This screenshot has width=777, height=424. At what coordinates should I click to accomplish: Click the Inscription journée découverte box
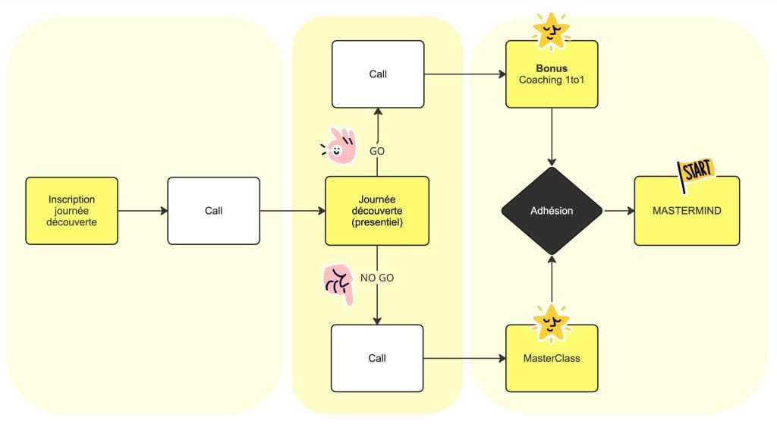(x=71, y=211)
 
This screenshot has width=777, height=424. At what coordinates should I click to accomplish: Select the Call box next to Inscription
(x=213, y=211)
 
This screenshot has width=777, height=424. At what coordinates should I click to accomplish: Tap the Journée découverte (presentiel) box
(x=377, y=211)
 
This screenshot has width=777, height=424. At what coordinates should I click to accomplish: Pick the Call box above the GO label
(x=377, y=74)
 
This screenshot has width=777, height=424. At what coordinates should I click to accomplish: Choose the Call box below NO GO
(x=377, y=358)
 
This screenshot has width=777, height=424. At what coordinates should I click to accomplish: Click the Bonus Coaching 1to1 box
(x=552, y=74)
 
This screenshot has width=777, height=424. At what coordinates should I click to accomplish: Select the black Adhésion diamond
(x=552, y=211)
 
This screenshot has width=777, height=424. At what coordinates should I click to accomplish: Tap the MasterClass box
(x=552, y=358)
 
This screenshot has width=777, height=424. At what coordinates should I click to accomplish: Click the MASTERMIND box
(x=687, y=211)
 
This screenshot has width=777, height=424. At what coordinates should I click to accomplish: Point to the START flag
(x=696, y=173)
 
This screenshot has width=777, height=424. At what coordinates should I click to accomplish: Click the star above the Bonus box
(x=552, y=29)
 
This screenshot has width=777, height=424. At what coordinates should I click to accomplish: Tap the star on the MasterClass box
(x=552, y=322)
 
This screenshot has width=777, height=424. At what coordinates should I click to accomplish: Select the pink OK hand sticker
(x=341, y=146)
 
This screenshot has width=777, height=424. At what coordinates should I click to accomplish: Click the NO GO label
(x=377, y=278)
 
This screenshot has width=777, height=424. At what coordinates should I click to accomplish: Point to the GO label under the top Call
(x=377, y=151)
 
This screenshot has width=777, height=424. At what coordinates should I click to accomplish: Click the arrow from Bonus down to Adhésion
(x=552, y=137)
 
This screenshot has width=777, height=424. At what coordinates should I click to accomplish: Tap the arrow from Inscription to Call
(x=142, y=211)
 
